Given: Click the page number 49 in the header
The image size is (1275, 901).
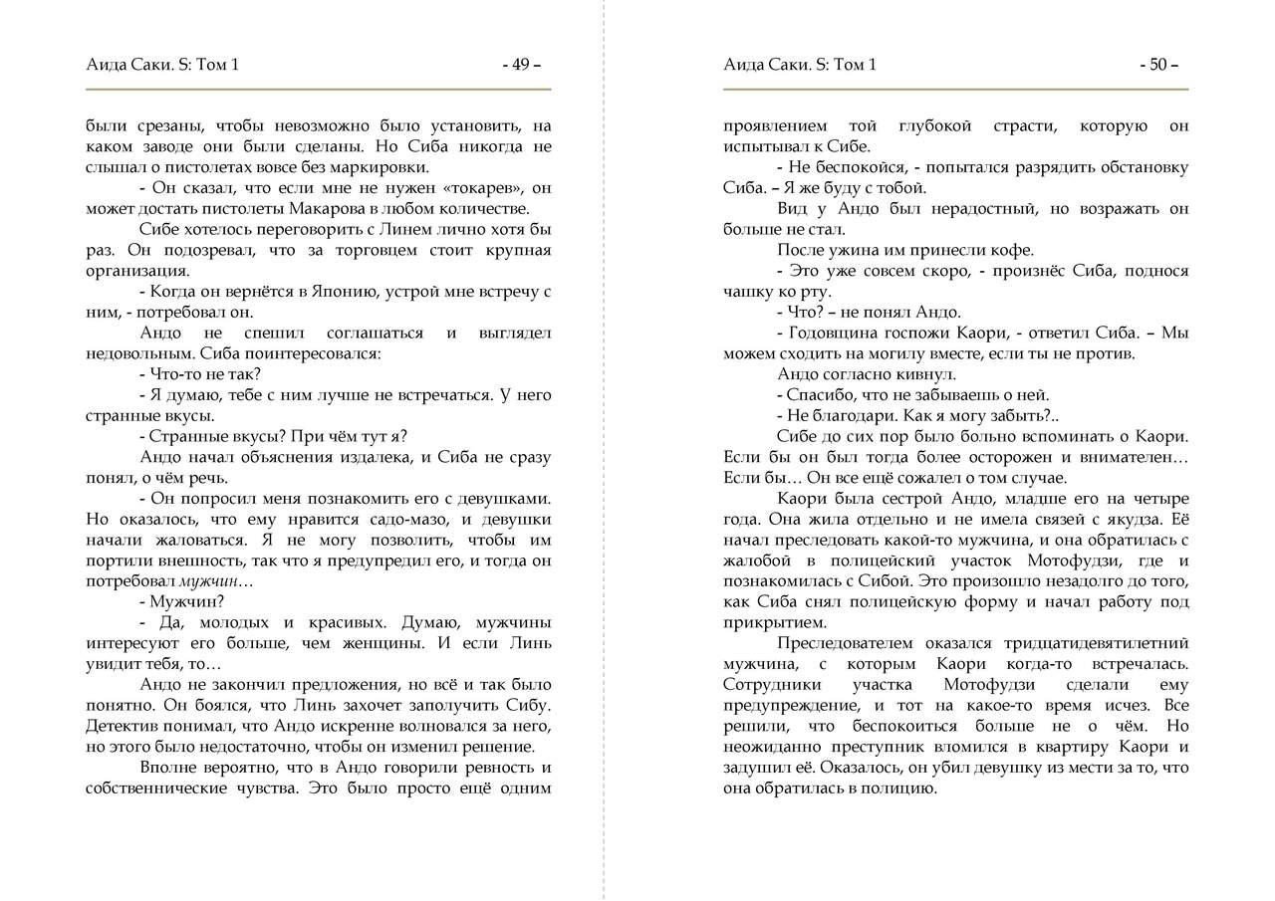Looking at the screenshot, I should [x=521, y=66].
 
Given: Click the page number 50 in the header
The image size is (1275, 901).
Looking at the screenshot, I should [x=1157, y=66].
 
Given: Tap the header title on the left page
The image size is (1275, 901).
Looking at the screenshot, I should [x=162, y=66].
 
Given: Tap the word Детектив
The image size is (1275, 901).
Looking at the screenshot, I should [x=121, y=727].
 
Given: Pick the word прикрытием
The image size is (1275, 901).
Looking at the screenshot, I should [x=771, y=622].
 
